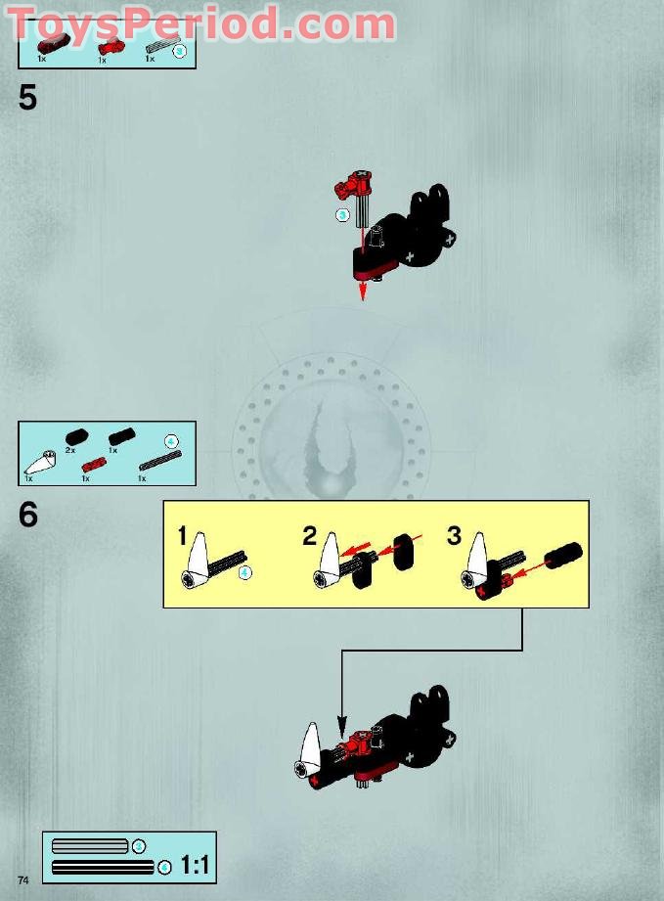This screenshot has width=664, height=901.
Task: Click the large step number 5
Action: point(27,98)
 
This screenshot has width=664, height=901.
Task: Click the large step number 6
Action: point(28,515)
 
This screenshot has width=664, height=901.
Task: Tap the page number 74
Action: point(22,879)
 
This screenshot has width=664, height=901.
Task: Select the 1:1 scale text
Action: point(196,865)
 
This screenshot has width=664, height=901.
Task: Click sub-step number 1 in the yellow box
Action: point(182,535)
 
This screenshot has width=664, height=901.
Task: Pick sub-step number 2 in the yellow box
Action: point(310,535)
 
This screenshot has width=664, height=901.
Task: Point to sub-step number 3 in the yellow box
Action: point(454,535)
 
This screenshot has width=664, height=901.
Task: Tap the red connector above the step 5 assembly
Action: point(354,183)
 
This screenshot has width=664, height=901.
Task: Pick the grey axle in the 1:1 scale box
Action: point(90,846)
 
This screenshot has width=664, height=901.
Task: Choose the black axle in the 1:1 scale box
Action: point(103,867)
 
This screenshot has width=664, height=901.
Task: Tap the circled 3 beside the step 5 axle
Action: point(342,215)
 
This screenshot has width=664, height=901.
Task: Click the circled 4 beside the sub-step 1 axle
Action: point(245,572)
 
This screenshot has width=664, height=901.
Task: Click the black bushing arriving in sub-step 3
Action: point(563,555)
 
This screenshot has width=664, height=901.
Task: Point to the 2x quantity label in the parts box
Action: point(70,450)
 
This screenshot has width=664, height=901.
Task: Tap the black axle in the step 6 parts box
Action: point(160,461)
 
